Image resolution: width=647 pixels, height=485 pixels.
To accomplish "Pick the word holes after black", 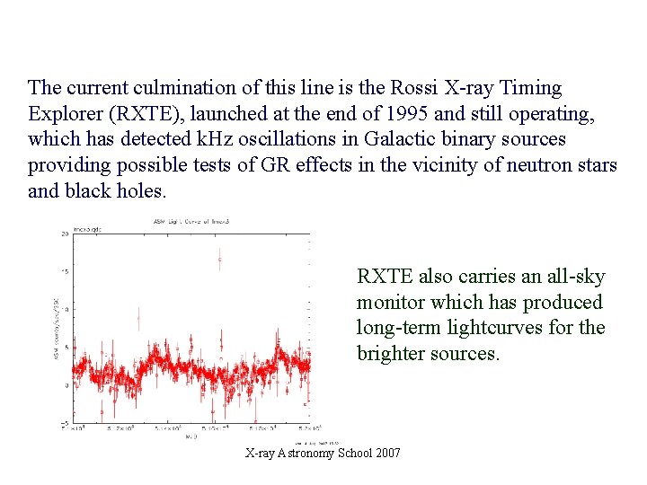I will coord(140,190).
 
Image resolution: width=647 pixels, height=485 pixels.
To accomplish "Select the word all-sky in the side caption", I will coord(573,277).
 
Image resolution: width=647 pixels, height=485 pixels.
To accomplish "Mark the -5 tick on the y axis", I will coord(64,423).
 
